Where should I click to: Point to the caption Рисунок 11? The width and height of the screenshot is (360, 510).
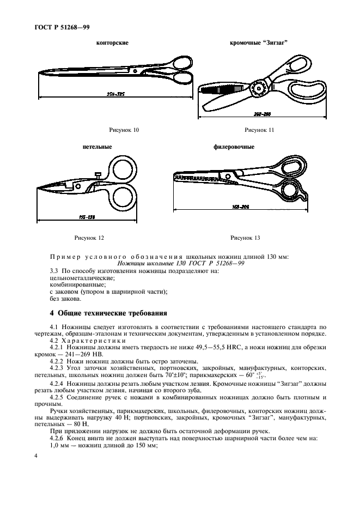259,129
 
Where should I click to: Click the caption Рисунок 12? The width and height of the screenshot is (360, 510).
89,238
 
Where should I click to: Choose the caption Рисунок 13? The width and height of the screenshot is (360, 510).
246,238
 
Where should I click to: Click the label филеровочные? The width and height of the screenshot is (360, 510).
234,147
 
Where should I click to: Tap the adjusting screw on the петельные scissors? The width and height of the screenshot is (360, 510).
98,175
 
